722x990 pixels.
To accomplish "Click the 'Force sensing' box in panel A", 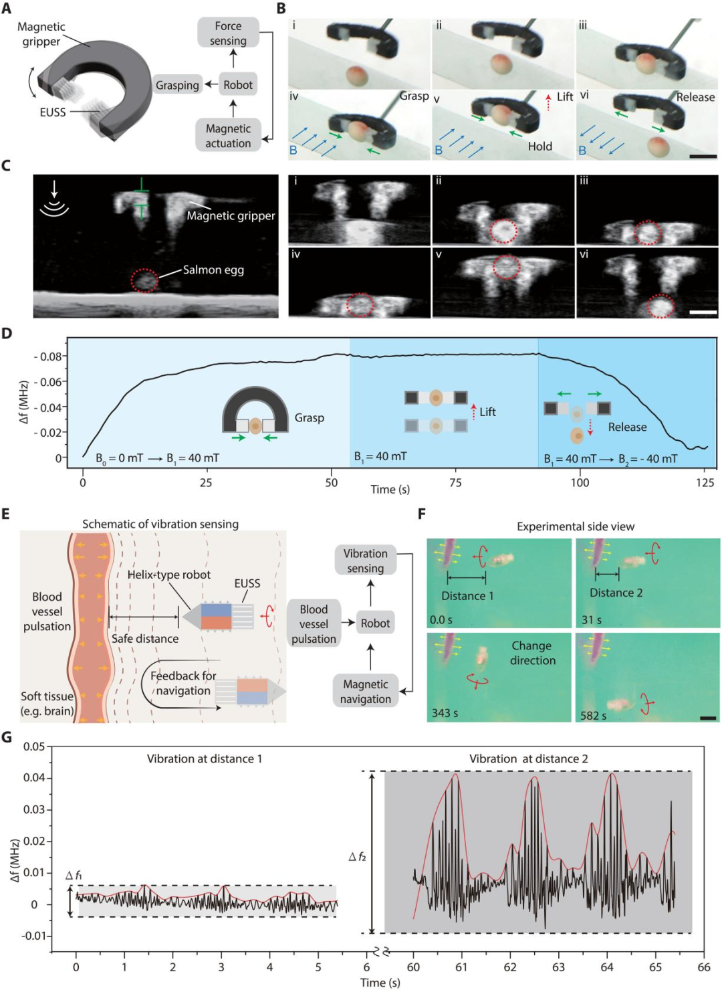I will (228, 33).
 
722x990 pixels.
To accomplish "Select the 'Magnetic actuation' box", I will (228, 136).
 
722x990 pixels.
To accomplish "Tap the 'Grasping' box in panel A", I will (177, 85).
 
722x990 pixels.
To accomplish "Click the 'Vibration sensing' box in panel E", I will (365, 561).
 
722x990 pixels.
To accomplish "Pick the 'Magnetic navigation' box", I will (365, 692).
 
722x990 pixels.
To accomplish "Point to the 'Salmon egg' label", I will (213, 270).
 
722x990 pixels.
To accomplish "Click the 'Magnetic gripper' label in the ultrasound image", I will (231, 215).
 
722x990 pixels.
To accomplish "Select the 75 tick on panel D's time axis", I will (455, 482).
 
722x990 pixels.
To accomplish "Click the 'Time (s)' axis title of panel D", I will (390, 490).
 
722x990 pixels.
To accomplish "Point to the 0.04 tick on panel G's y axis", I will (34, 777).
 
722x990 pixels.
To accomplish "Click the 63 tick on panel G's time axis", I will (558, 967).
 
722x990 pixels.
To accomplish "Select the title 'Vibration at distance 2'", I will (528, 759).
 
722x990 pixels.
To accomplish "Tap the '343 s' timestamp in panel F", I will (445, 712).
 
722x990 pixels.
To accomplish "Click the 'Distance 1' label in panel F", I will (467, 595).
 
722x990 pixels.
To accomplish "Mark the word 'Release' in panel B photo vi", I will (695, 97).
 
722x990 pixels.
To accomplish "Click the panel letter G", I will (7, 737).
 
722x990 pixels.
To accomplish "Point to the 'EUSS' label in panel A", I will (53, 112).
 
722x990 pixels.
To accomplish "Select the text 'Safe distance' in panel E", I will (145, 638).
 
